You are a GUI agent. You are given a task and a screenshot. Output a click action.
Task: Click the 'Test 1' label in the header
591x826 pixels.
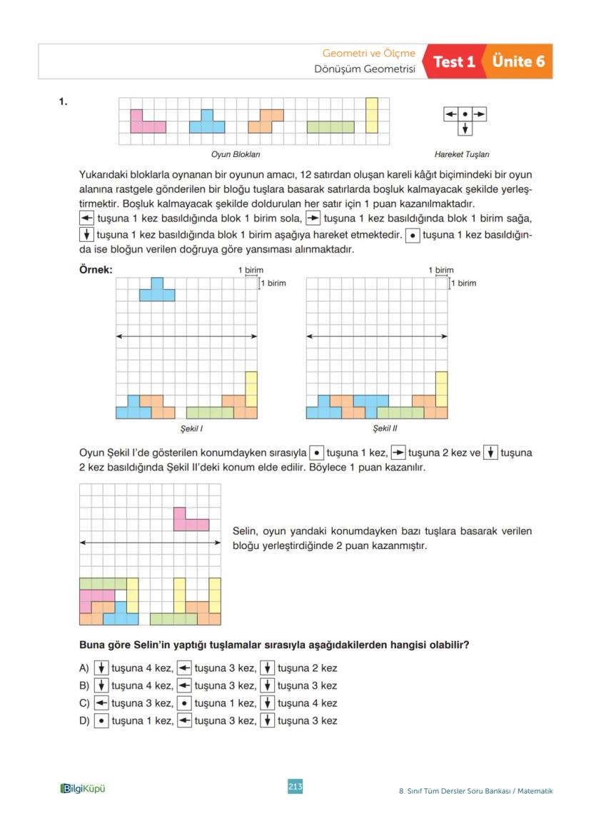click(x=454, y=62)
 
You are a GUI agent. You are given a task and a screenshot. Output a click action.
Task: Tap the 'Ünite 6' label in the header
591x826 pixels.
click(x=518, y=62)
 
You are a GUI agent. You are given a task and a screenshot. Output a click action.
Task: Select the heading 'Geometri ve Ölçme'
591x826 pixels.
click(x=368, y=54)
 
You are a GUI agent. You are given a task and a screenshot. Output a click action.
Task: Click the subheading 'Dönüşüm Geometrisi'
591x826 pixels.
click(x=365, y=70)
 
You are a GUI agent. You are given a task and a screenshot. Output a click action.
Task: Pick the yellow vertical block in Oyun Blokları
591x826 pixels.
click(x=371, y=116)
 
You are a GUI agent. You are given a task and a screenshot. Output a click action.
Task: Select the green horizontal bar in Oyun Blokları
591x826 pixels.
click(x=330, y=127)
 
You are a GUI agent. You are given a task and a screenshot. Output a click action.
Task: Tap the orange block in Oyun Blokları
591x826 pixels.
click(x=266, y=121)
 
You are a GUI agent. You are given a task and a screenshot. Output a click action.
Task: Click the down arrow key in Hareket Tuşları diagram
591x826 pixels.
click(x=465, y=129)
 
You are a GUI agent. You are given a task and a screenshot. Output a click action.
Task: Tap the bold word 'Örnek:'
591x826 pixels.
click(x=95, y=271)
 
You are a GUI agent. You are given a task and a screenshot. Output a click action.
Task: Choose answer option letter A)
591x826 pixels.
click(x=84, y=668)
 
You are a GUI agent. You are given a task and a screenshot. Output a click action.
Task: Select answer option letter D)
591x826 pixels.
click(x=84, y=721)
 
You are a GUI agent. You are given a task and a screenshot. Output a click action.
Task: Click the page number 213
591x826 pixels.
click(x=295, y=786)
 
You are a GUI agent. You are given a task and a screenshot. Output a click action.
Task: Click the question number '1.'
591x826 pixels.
click(x=64, y=101)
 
